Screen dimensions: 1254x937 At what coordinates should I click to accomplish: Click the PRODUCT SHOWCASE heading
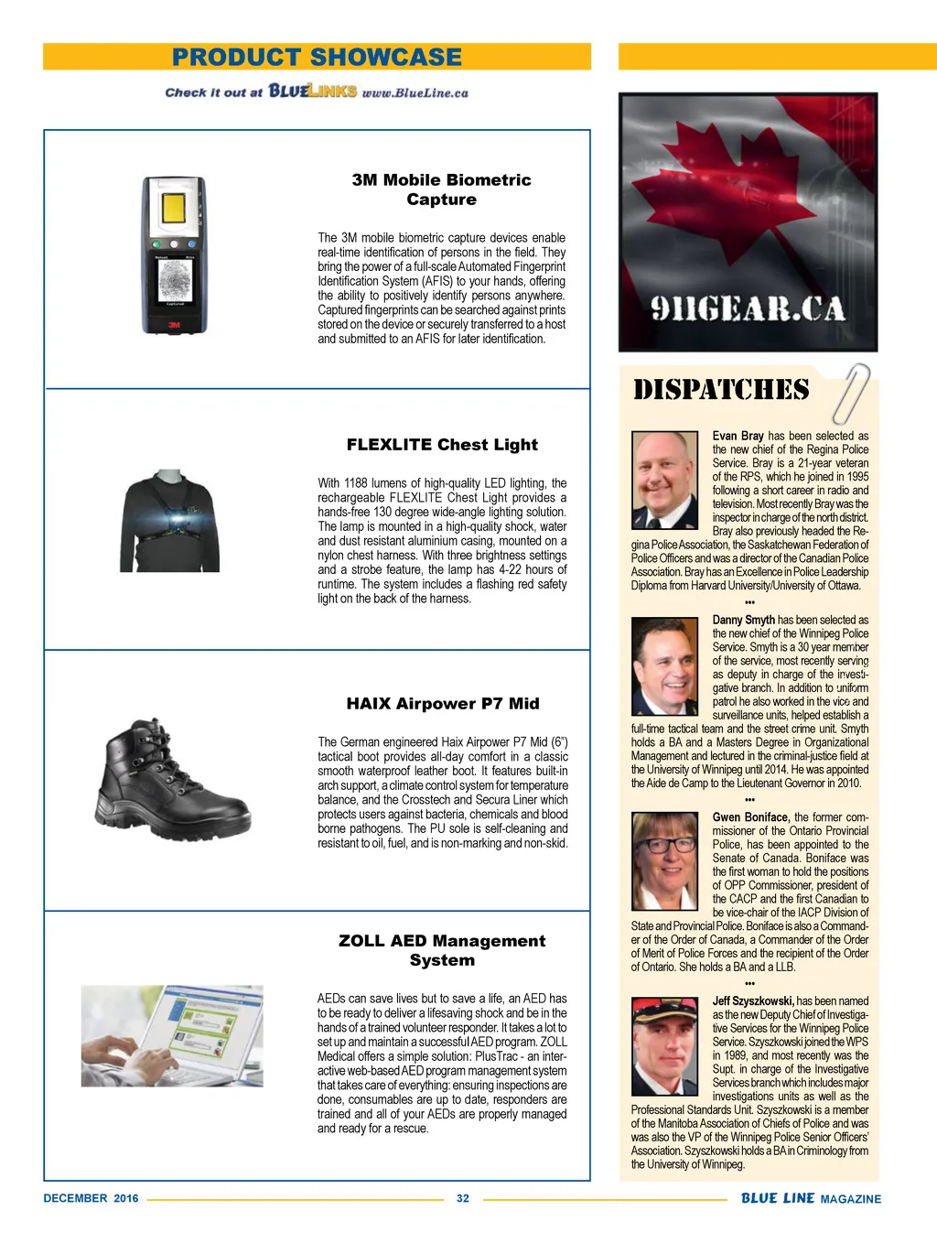coord(317,57)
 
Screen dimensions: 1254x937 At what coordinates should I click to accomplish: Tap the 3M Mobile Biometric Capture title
coord(441,189)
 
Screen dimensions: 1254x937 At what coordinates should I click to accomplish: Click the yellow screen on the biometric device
coord(174,209)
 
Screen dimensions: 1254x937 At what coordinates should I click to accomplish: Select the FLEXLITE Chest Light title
coord(442,445)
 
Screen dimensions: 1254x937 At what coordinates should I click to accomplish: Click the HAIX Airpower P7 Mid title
coord(442,704)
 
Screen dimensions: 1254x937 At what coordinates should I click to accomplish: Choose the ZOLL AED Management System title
coord(442,950)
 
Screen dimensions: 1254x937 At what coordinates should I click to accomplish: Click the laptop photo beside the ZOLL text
coord(172,1035)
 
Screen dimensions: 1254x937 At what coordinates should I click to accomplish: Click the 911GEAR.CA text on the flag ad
coord(748,309)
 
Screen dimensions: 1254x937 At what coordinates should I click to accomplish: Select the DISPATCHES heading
coord(721,391)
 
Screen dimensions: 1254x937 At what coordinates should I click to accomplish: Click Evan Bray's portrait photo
coord(664,480)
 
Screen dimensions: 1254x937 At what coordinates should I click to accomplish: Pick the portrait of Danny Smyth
coord(664,665)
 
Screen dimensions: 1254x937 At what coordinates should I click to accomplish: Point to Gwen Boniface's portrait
coord(664,860)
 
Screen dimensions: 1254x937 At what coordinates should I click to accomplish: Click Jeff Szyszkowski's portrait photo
coord(664,1047)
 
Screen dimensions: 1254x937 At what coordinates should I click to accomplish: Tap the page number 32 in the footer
coord(463,1198)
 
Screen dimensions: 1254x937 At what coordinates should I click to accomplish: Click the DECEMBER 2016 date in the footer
coord(91,1198)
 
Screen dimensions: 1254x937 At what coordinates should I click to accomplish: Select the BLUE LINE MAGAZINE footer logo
coord(811,1198)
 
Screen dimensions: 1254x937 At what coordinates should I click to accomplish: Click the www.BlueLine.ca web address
coord(415,92)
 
